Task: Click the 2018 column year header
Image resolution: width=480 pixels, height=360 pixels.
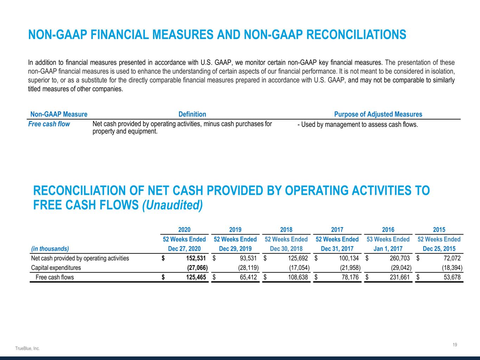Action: tap(286, 230)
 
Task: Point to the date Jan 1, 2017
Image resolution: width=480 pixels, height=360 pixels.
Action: tap(388, 249)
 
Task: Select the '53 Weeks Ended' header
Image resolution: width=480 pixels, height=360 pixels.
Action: tap(388, 239)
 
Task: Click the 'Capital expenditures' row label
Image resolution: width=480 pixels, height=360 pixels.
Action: tap(56, 268)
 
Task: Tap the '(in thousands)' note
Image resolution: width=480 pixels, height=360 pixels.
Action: tap(50, 249)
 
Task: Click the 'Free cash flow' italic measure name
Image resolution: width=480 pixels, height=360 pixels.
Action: tap(49, 124)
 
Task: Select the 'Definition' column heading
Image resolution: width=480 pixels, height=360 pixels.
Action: tap(192, 114)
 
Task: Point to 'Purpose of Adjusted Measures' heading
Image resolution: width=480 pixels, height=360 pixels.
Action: tap(378, 114)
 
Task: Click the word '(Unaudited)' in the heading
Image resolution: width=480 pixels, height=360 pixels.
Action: tap(172, 205)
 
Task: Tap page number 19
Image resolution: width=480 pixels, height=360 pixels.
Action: tap(455, 345)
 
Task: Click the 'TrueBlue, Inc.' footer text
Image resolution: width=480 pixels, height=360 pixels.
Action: tap(27, 348)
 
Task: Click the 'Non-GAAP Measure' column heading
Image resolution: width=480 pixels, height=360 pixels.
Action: tap(59, 114)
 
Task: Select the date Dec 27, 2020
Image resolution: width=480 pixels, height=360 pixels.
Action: tap(184, 249)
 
